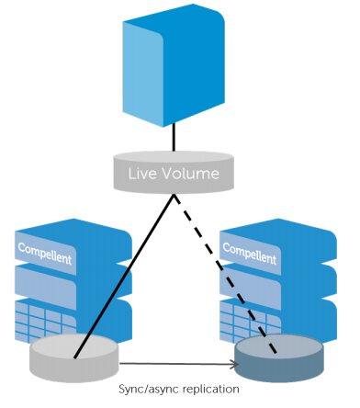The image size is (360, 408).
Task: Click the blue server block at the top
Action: coord(174,65)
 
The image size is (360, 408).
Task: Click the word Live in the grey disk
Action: coord(142,174)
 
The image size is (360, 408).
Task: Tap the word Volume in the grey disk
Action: coord(190,174)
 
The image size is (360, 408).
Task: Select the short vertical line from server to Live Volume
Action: coord(174,138)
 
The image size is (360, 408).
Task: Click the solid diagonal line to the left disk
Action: coord(124,276)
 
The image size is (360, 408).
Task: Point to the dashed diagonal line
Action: coord(225,274)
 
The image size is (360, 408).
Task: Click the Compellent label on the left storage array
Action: coord(45,254)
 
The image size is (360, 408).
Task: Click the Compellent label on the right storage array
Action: coord(250,254)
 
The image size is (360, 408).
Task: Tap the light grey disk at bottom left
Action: coord(73,357)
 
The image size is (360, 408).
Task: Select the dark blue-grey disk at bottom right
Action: coord(279,357)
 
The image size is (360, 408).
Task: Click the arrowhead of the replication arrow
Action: coord(235,364)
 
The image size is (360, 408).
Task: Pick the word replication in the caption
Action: coord(210,390)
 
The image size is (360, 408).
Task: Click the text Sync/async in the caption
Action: coord(149,390)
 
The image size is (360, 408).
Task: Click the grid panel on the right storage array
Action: coord(250,321)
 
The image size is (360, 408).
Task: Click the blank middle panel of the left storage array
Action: coord(45,286)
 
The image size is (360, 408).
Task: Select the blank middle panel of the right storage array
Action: coord(250,286)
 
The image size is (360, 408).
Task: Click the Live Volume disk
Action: coord(174,173)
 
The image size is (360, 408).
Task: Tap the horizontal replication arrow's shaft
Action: coord(176,364)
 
